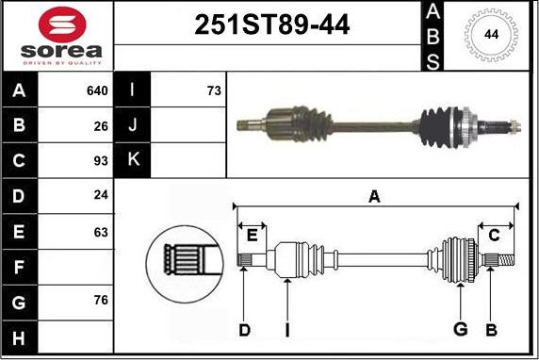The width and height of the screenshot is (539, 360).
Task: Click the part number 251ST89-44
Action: click(x=272, y=25)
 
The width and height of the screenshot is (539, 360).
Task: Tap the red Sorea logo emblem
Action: click(x=62, y=25)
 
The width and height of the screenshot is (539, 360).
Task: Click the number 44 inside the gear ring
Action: click(x=491, y=34)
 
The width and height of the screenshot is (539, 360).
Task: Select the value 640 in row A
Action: click(x=97, y=90)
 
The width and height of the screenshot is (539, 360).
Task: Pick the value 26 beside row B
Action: click(x=101, y=126)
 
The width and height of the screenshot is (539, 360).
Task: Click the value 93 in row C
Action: click(x=101, y=160)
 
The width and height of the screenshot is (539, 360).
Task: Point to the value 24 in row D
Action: click(x=101, y=195)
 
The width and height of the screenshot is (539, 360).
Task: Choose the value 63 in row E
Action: click(x=101, y=232)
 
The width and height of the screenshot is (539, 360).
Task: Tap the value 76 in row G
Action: click(x=101, y=300)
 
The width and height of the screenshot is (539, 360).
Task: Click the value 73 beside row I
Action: click(x=214, y=90)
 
